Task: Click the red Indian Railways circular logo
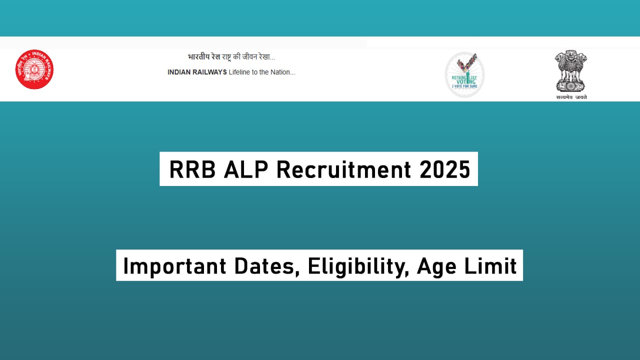(34, 69)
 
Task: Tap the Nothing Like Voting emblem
(465, 75)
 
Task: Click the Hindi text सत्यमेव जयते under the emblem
(571, 97)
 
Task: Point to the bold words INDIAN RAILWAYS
(197, 72)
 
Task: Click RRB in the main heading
(192, 169)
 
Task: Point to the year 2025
(445, 169)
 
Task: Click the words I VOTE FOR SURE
(465, 86)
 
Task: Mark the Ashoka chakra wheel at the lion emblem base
(570, 84)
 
